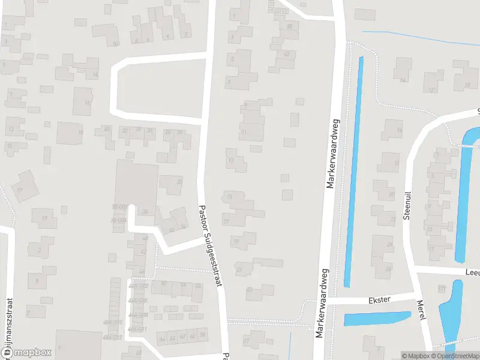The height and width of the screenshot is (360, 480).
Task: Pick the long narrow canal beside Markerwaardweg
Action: [x=353, y=171]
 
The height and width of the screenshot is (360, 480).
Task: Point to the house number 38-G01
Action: [x=118, y=207]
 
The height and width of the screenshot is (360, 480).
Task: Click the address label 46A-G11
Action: [x=137, y=329]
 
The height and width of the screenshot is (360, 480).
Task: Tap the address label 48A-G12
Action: [x=112, y=337]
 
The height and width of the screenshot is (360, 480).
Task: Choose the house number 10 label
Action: [x=115, y=44]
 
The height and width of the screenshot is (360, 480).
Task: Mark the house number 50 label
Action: [x=163, y=283]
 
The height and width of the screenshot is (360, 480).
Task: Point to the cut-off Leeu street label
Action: [x=472, y=272]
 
